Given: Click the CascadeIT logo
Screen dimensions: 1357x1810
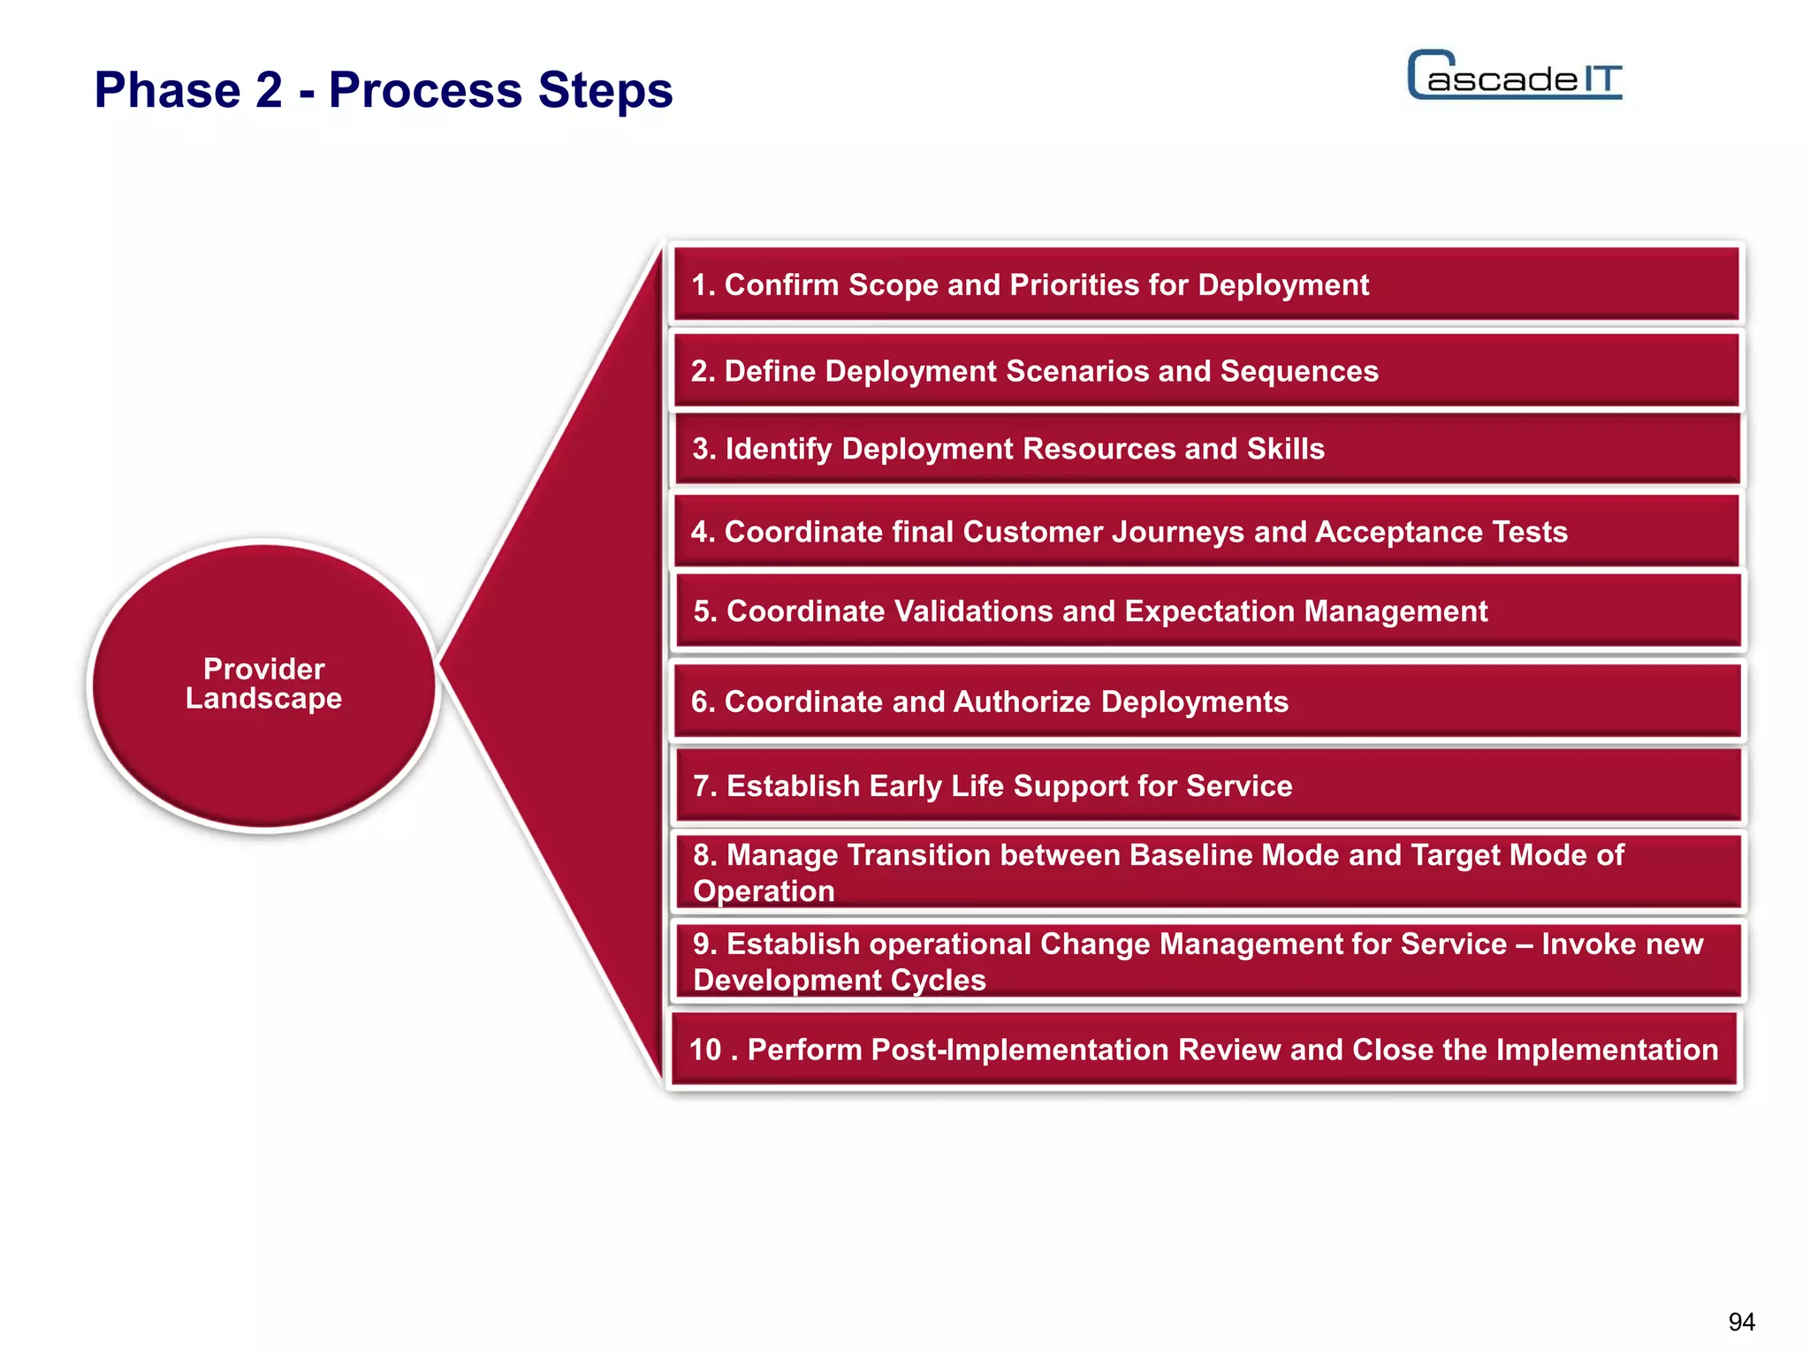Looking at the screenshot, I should click(1514, 76).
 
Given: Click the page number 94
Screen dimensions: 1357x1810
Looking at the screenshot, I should click(1741, 1322).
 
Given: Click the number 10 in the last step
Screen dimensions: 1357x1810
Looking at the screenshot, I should click(705, 1050).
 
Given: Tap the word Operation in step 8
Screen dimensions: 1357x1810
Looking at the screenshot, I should click(764, 891).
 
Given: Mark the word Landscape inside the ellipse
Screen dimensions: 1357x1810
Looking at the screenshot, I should click(263, 699).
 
